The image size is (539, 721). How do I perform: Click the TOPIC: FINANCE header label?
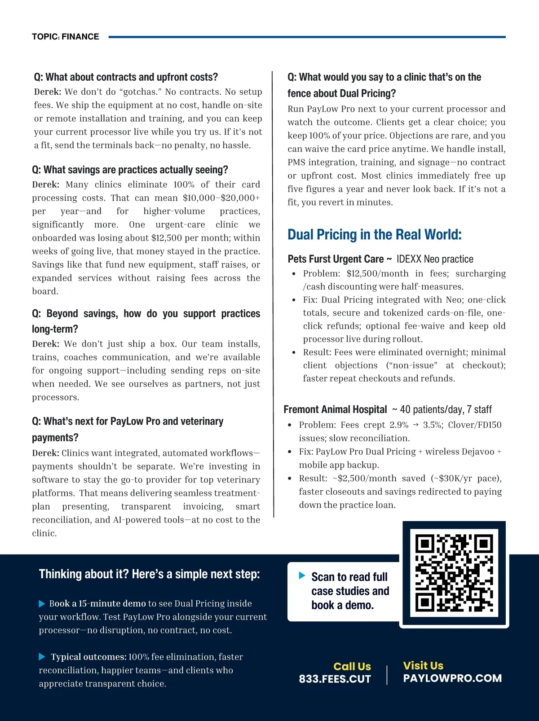pos(66,37)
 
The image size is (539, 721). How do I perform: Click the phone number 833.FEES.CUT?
pos(335,679)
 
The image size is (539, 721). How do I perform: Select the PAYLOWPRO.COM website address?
pos(452,678)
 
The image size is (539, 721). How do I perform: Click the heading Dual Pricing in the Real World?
pos(374,234)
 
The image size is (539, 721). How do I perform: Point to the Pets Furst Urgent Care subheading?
pos(336,259)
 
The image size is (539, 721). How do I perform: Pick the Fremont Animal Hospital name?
pos(335,409)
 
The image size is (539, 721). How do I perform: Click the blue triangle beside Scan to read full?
pos(302,576)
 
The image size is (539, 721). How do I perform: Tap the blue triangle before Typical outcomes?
pos(42,657)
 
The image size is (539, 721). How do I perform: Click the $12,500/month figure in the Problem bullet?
pos(377,273)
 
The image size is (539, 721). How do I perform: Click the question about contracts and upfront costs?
pos(126,77)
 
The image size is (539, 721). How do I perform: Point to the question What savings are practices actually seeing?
pos(130,170)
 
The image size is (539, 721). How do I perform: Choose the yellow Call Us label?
pos(352,666)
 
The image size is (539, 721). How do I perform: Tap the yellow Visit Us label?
pos(423,665)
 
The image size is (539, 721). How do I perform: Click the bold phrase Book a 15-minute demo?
pos(97,603)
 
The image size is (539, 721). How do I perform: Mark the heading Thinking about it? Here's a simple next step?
pos(149,574)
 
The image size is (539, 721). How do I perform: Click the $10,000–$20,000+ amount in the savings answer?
pos(221,198)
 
